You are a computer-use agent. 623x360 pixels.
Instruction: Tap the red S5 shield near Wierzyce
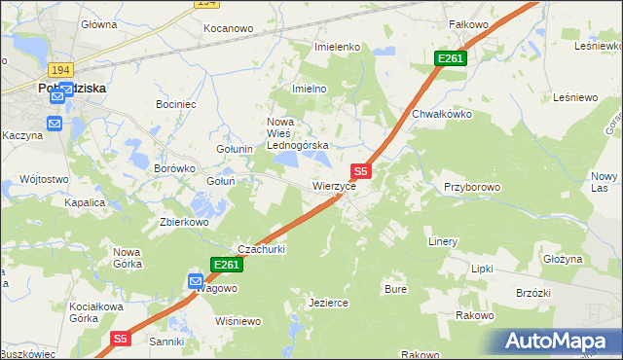[360, 170]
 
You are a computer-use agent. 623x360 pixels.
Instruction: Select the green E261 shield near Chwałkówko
[451, 59]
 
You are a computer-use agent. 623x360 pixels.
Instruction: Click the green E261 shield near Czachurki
[225, 265]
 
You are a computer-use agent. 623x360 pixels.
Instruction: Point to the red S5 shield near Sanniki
[119, 339]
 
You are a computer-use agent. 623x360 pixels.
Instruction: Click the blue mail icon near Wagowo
[196, 281]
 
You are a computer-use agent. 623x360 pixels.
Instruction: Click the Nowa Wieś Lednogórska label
[299, 133]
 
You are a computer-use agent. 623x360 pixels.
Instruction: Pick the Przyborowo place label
[471, 187]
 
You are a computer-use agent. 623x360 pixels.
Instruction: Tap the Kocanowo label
[229, 29]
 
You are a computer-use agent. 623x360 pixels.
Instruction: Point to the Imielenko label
[338, 47]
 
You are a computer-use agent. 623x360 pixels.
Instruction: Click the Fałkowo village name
[467, 22]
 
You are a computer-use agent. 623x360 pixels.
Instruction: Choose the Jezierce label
[328, 303]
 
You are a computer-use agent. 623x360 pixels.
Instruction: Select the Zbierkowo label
[185, 221]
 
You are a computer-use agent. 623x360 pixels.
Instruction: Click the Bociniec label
[177, 103]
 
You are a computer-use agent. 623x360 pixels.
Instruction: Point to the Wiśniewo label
[238, 321]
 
